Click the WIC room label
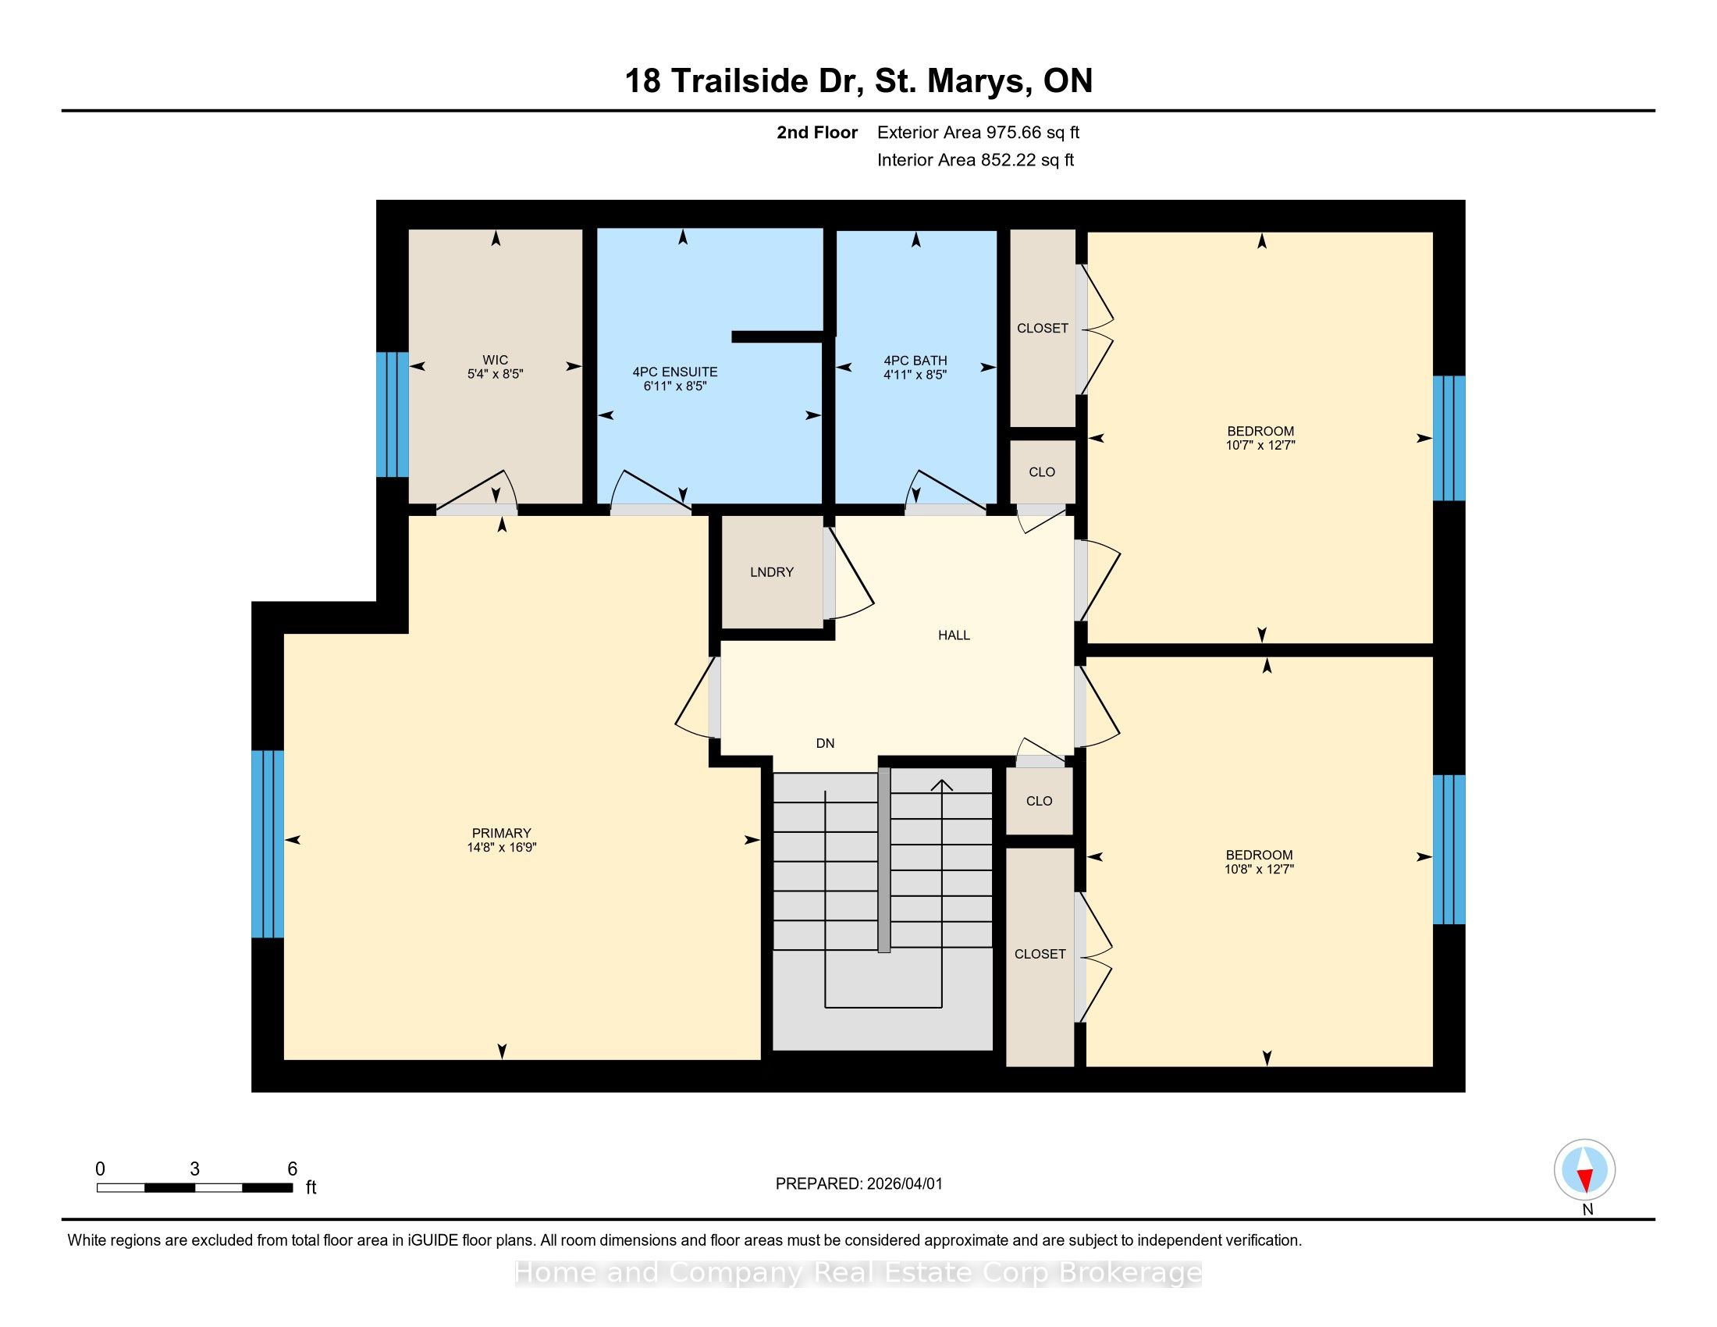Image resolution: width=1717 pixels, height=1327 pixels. coord(496,360)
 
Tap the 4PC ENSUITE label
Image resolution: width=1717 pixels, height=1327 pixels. coord(674,372)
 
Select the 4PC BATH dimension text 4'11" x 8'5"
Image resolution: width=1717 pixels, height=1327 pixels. coord(915,375)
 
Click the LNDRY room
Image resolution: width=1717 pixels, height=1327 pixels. coord(771,571)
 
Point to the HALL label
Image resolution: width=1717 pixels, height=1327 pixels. coord(954,635)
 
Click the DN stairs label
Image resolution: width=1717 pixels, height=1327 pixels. coord(825,743)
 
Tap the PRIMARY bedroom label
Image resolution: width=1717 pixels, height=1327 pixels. coord(502,834)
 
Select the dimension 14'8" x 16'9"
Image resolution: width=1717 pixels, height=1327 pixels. coord(502,848)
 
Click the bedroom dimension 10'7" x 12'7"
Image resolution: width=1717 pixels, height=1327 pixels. coord(1260,445)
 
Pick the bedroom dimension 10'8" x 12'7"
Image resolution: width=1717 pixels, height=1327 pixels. coord(1260,870)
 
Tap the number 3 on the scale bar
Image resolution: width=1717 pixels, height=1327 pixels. coord(194,1169)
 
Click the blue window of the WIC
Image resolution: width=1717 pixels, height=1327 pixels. coord(393,414)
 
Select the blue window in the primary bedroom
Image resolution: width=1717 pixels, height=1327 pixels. coord(267,845)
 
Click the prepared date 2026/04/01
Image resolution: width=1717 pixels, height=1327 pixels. coord(904,1184)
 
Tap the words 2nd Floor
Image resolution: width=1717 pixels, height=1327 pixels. coord(817,133)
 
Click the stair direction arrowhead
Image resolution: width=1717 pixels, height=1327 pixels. coord(942,784)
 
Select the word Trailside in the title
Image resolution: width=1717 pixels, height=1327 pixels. coord(740,81)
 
